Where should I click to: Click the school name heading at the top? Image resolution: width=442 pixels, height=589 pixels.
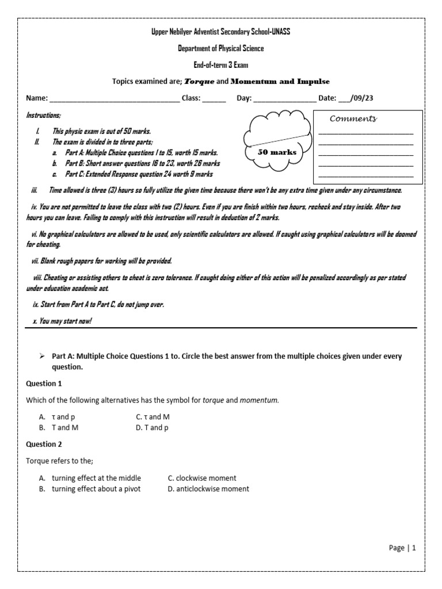(220, 32)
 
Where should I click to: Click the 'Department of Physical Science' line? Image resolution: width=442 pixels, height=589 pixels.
(220, 48)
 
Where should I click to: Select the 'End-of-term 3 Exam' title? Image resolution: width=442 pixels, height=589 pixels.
(220, 65)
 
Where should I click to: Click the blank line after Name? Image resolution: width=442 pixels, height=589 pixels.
(115, 99)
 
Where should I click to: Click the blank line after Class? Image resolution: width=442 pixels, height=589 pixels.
(214, 99)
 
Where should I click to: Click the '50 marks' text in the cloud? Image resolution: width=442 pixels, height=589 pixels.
(277, 152)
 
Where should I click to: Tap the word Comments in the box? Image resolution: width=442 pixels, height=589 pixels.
(353, 118)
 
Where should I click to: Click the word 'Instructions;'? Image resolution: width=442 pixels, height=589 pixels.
(43, 116)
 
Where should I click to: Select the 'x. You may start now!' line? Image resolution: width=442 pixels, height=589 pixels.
(62, 321)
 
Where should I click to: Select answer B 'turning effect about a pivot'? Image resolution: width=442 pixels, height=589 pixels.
(96, 489)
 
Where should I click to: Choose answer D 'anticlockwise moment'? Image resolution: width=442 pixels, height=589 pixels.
(208, 489)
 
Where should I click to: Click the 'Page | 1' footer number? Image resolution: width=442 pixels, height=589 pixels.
(402, 548)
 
